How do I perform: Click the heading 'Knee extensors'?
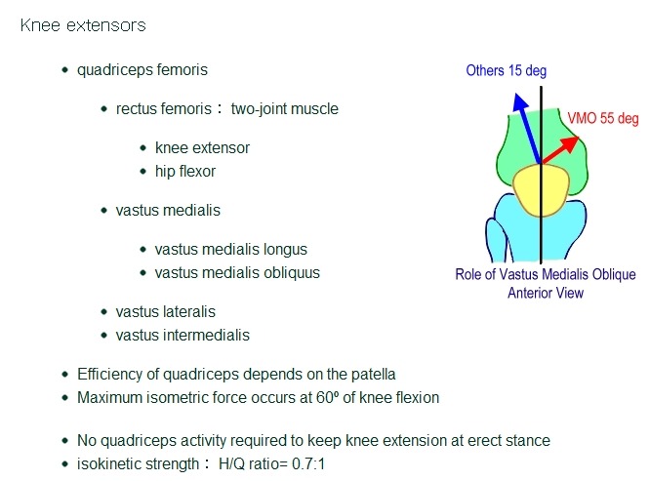83,25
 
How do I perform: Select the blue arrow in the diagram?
527,127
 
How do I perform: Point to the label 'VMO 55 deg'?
603,118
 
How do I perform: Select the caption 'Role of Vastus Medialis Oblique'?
545,274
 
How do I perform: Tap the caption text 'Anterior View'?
546,293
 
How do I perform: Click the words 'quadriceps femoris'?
142,70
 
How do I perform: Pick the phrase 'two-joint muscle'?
284,108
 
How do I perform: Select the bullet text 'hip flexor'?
184,171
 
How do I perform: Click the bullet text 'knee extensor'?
202,147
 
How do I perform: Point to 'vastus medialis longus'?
231,249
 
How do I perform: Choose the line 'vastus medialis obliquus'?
237,272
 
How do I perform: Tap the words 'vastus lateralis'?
165,311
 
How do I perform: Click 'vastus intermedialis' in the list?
183,335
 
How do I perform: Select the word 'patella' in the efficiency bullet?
373,374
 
